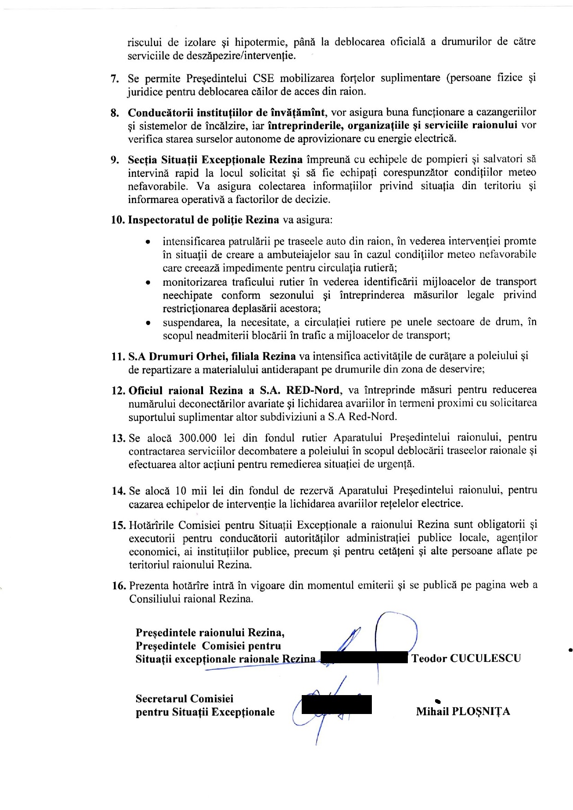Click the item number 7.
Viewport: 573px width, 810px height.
pyautogui.click(x=113, y=78)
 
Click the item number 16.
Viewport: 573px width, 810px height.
pyautogui.click(x=119, y=586)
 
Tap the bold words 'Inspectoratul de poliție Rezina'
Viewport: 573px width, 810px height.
pyautogui.click(x=203, y=220)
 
